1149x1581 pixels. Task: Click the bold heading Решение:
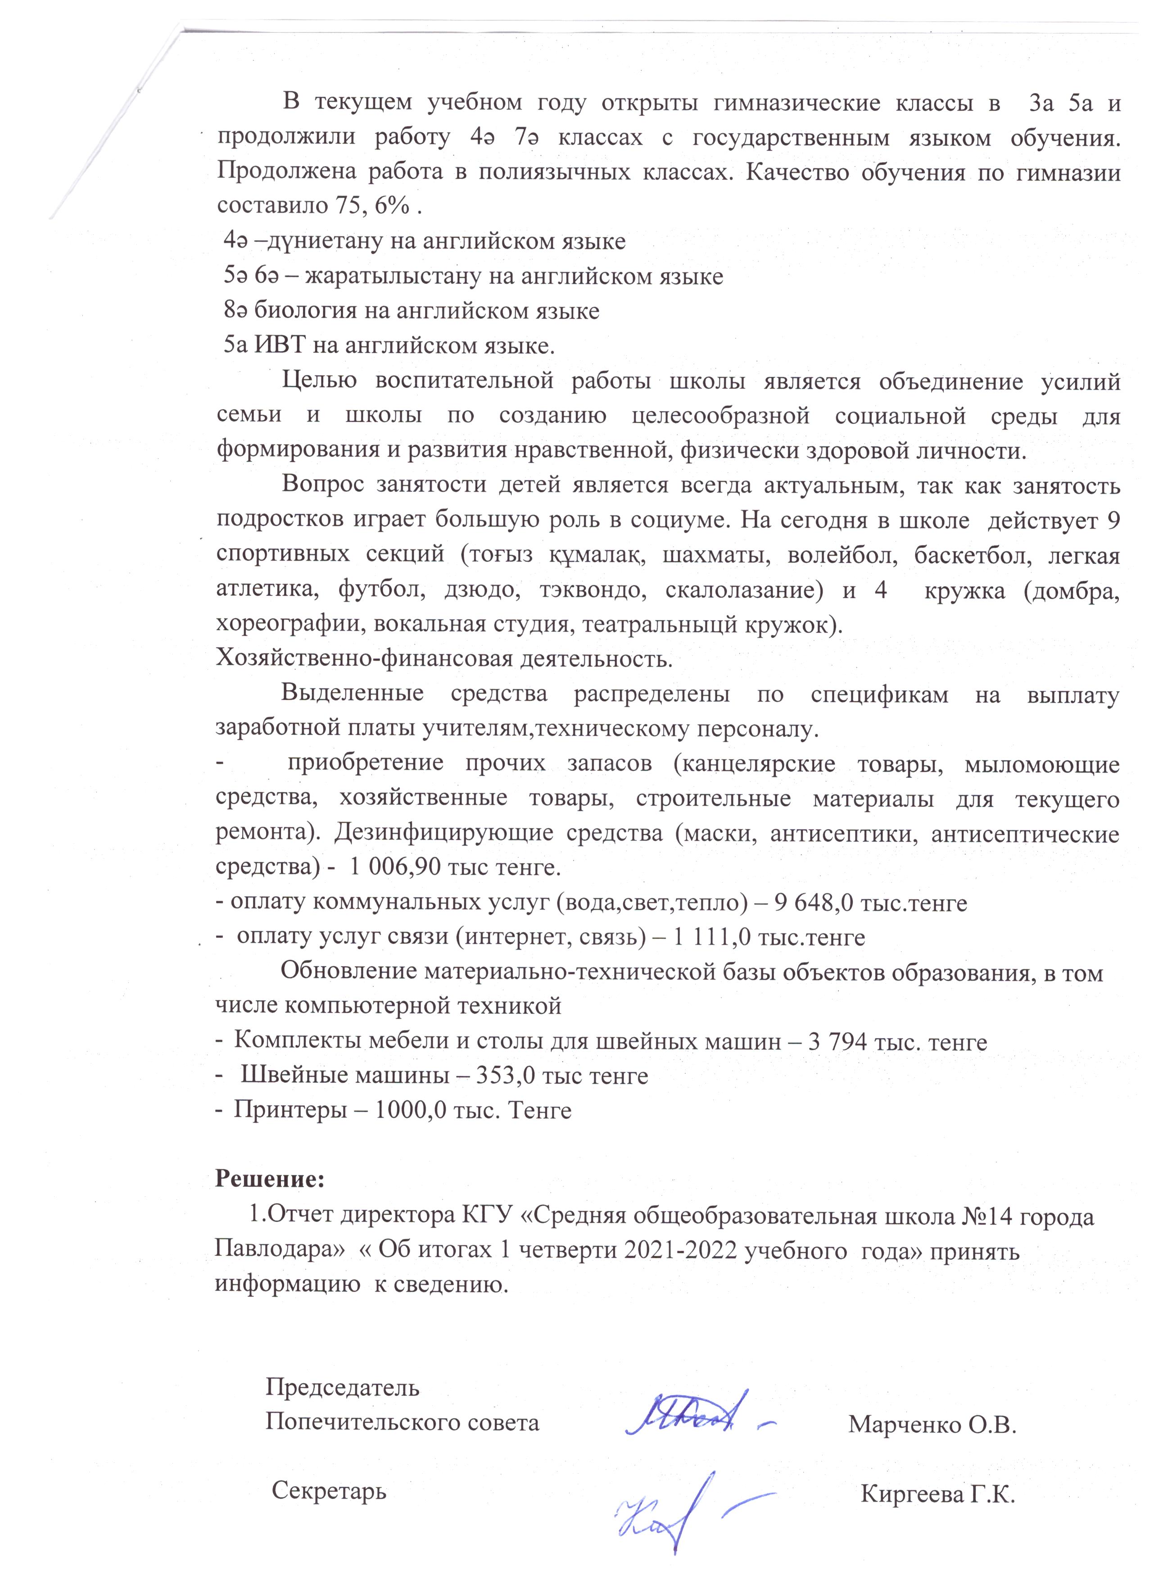[x=270, y=1179]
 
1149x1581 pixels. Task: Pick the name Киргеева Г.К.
[x=938, y=1494]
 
